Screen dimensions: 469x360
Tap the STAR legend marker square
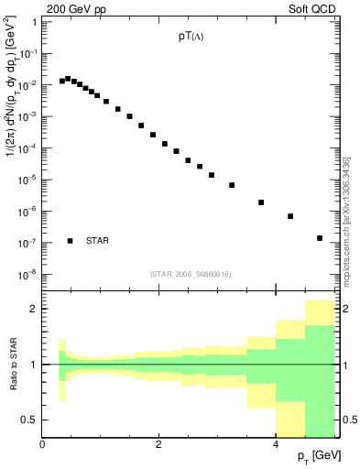[70, 241]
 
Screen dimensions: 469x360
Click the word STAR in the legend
[97, 241]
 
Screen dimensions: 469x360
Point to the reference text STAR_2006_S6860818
[191, 274]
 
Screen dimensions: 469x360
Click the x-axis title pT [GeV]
[319, 456]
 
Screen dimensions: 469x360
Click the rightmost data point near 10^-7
[319, 238]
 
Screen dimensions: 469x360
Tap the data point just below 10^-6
[290, 216]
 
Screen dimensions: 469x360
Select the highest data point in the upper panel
[68, 79]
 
